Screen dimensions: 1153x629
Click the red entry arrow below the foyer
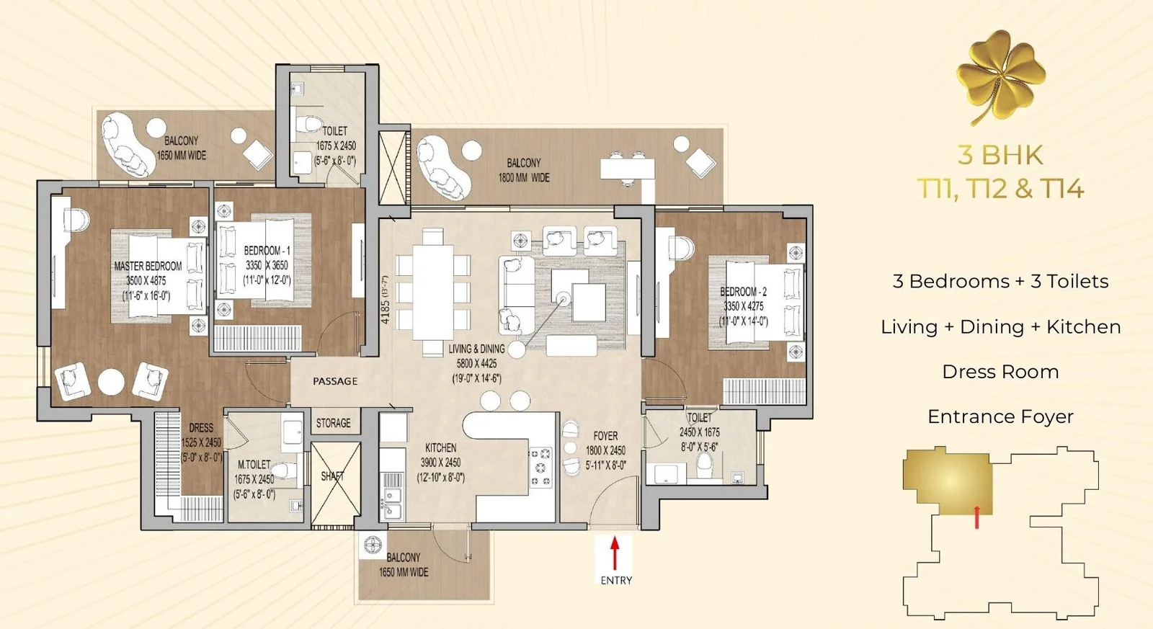click(614, 553)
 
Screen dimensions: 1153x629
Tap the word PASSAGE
click(335, 381)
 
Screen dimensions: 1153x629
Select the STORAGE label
click(333, 423)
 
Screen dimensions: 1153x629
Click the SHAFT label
click(332, 476)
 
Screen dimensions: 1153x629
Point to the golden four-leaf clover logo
click(1001, 76)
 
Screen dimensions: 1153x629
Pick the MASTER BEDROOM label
click(148, 266)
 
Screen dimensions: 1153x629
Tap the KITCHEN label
click(440, 448)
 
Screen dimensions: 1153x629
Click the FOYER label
click(605, 436)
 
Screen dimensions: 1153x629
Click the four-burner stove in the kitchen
click(540, 468)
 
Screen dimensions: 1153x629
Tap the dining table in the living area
click(433, 293)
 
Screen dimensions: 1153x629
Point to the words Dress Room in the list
click(1000, 372)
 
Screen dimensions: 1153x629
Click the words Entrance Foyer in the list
click(1000, 416)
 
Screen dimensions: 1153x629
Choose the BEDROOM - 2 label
click(743, 292)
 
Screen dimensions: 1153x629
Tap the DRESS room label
click(201, 428)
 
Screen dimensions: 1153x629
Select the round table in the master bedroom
click(111, 382)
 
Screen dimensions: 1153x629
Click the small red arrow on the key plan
click(976, 517)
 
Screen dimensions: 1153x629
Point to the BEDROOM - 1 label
click(267, 251)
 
